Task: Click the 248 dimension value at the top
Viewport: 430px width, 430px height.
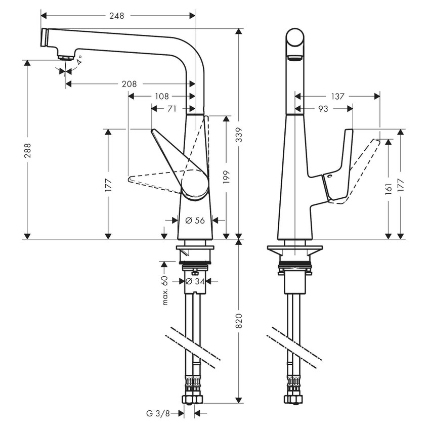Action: click(x=117, y=16)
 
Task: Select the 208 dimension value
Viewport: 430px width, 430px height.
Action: click(x=130, y=84)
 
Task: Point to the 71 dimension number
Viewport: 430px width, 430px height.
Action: click(x=171, y=108)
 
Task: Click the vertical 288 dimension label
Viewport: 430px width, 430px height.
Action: click(x=27, y=151)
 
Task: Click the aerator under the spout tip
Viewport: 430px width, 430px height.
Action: click(x=64, y=56)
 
